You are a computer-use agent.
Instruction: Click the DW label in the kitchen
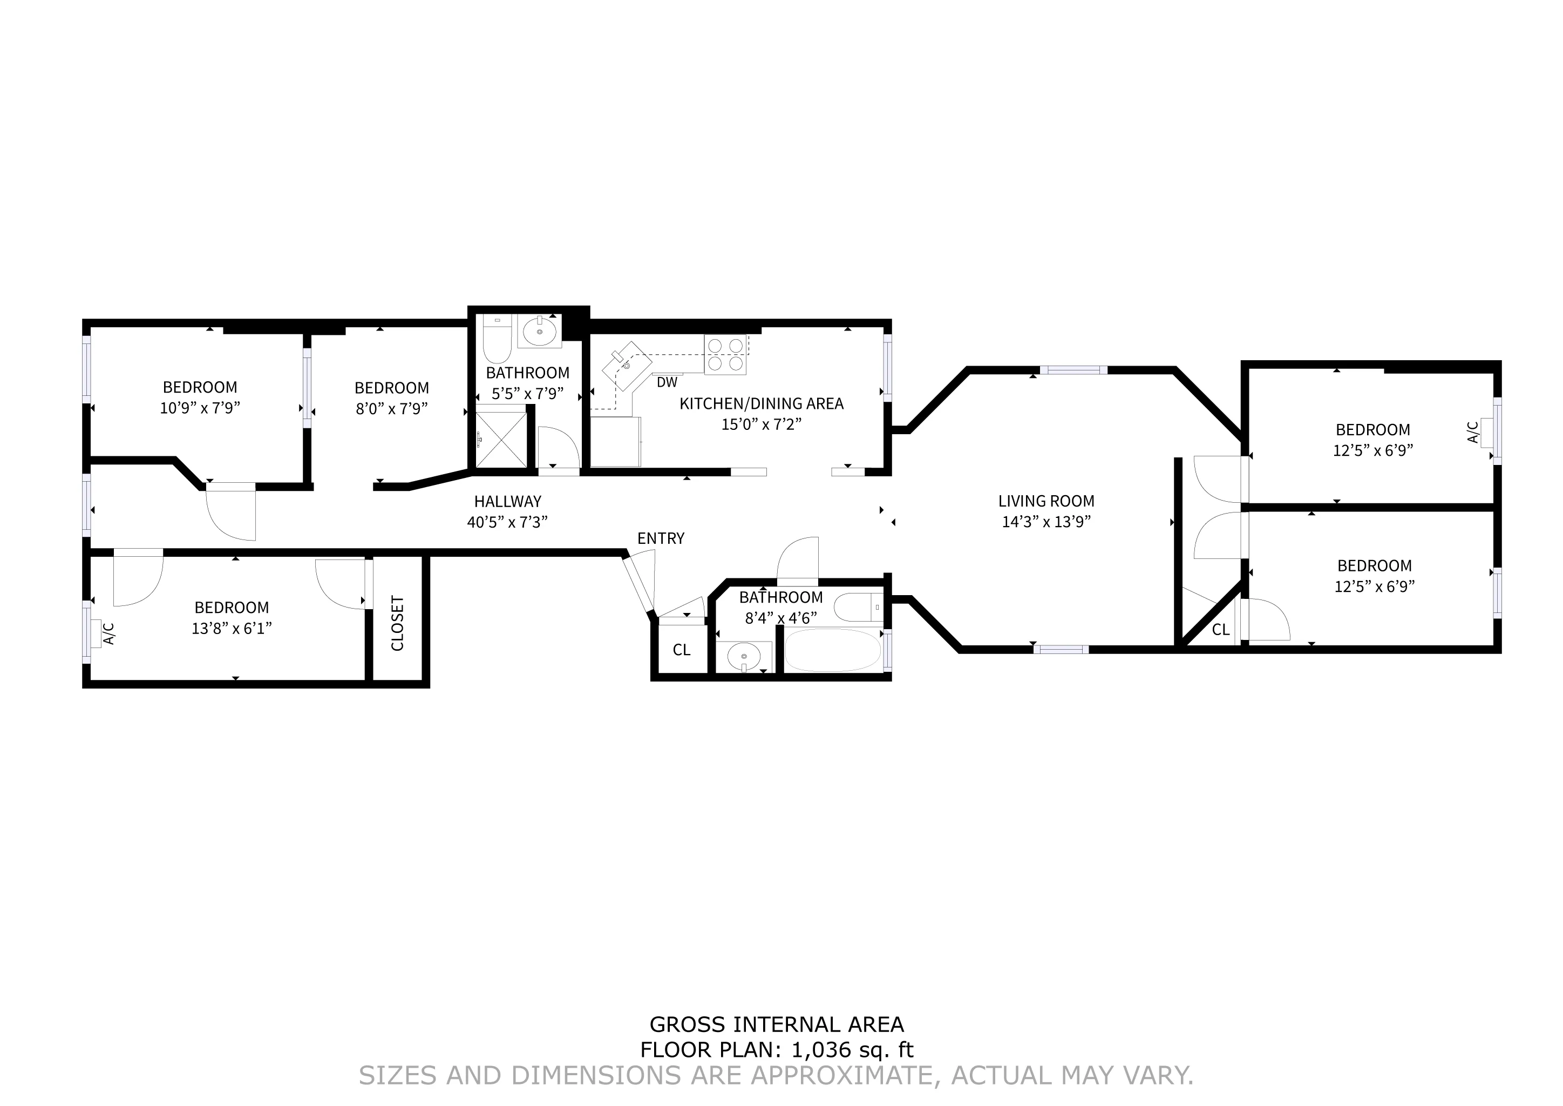click(x=667, y=383)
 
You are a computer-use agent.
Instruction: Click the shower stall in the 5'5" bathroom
click(x=501, y=439)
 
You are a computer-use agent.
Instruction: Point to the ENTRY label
click(x=660, y=539)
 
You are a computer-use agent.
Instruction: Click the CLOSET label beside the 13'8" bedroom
click(x=398, y=623)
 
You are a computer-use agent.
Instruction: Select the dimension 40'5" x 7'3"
click(x=507, y=522)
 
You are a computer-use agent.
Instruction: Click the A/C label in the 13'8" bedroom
click(x=109, y=633)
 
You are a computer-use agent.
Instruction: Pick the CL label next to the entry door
click(x=682, y=650)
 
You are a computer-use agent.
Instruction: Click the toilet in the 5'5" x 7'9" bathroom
click(x=497, y=341)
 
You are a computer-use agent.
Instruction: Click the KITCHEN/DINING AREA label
click(x=761, y=404)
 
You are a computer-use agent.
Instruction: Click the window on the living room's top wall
click(x=1073, y=370)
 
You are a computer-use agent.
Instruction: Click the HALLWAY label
click(x=507, y=502)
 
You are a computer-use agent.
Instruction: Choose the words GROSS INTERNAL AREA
click(x=776, y=1024)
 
